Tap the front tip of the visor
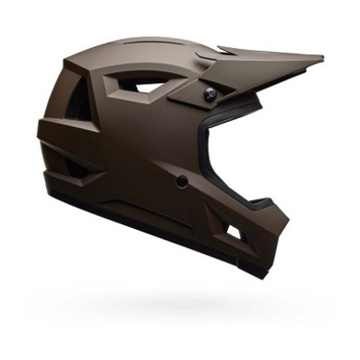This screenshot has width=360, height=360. pos(320,61)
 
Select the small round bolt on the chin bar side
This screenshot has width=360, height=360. pos(183,181)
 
